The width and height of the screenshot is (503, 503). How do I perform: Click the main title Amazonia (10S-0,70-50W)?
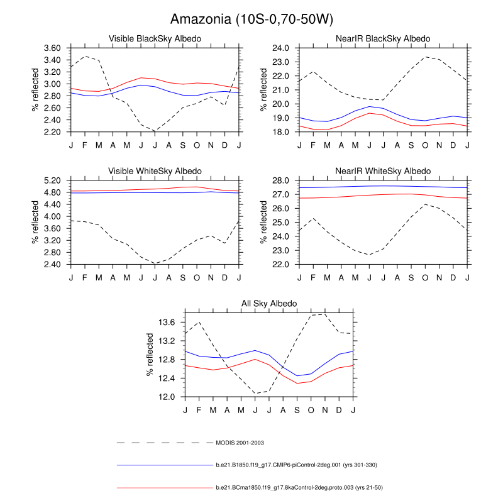(x=251, y=19)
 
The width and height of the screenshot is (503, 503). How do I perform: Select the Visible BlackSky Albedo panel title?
(x=155, y=39)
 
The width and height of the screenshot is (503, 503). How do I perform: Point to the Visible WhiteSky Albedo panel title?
(x=155, y=171)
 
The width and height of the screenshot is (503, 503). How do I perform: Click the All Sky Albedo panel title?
(x=269, y=304)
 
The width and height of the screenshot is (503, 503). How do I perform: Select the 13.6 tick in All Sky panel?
(x=167, y=323)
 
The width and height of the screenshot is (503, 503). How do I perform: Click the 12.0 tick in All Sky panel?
(x=167, y=397)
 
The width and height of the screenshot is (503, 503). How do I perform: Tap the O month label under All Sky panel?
(x=311, y=411)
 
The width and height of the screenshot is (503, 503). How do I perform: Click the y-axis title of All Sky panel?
(x=151, y=355)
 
